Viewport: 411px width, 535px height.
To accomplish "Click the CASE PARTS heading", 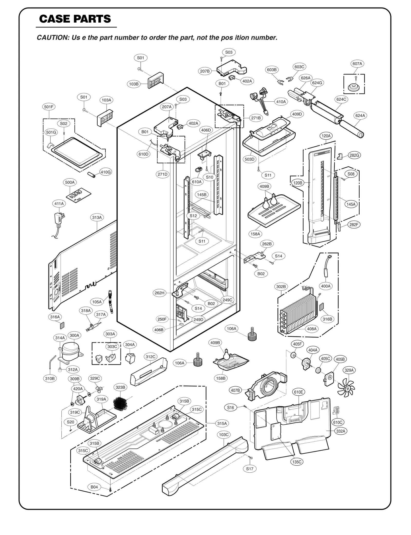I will click(75, 19).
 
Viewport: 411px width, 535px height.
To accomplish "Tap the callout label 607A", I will click(357, 64).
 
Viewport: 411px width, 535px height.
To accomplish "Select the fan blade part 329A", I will click(346, 388).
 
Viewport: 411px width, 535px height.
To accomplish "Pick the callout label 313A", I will click(97, 217).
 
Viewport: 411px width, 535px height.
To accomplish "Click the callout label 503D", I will click(249, 159).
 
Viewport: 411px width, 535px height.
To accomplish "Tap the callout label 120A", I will click(326, 136).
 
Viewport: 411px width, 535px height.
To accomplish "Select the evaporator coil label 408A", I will click(312, 329).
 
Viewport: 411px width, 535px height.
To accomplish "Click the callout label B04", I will click(94, 487).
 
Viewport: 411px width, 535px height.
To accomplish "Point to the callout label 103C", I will click(223, 435).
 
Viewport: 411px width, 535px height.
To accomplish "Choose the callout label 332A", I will click(341, 431).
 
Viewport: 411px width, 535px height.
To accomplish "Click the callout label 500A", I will click(70, 182).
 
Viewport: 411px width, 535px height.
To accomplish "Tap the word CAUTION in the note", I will click(52, 37).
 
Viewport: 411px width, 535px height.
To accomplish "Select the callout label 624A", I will click(360, 116).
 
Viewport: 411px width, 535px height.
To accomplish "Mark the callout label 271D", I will click(162, 174).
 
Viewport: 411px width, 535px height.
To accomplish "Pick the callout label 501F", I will click(49, 107).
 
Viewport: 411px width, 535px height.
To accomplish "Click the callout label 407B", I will click(235, 390).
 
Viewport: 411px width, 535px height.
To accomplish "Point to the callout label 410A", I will click(281, 102).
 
